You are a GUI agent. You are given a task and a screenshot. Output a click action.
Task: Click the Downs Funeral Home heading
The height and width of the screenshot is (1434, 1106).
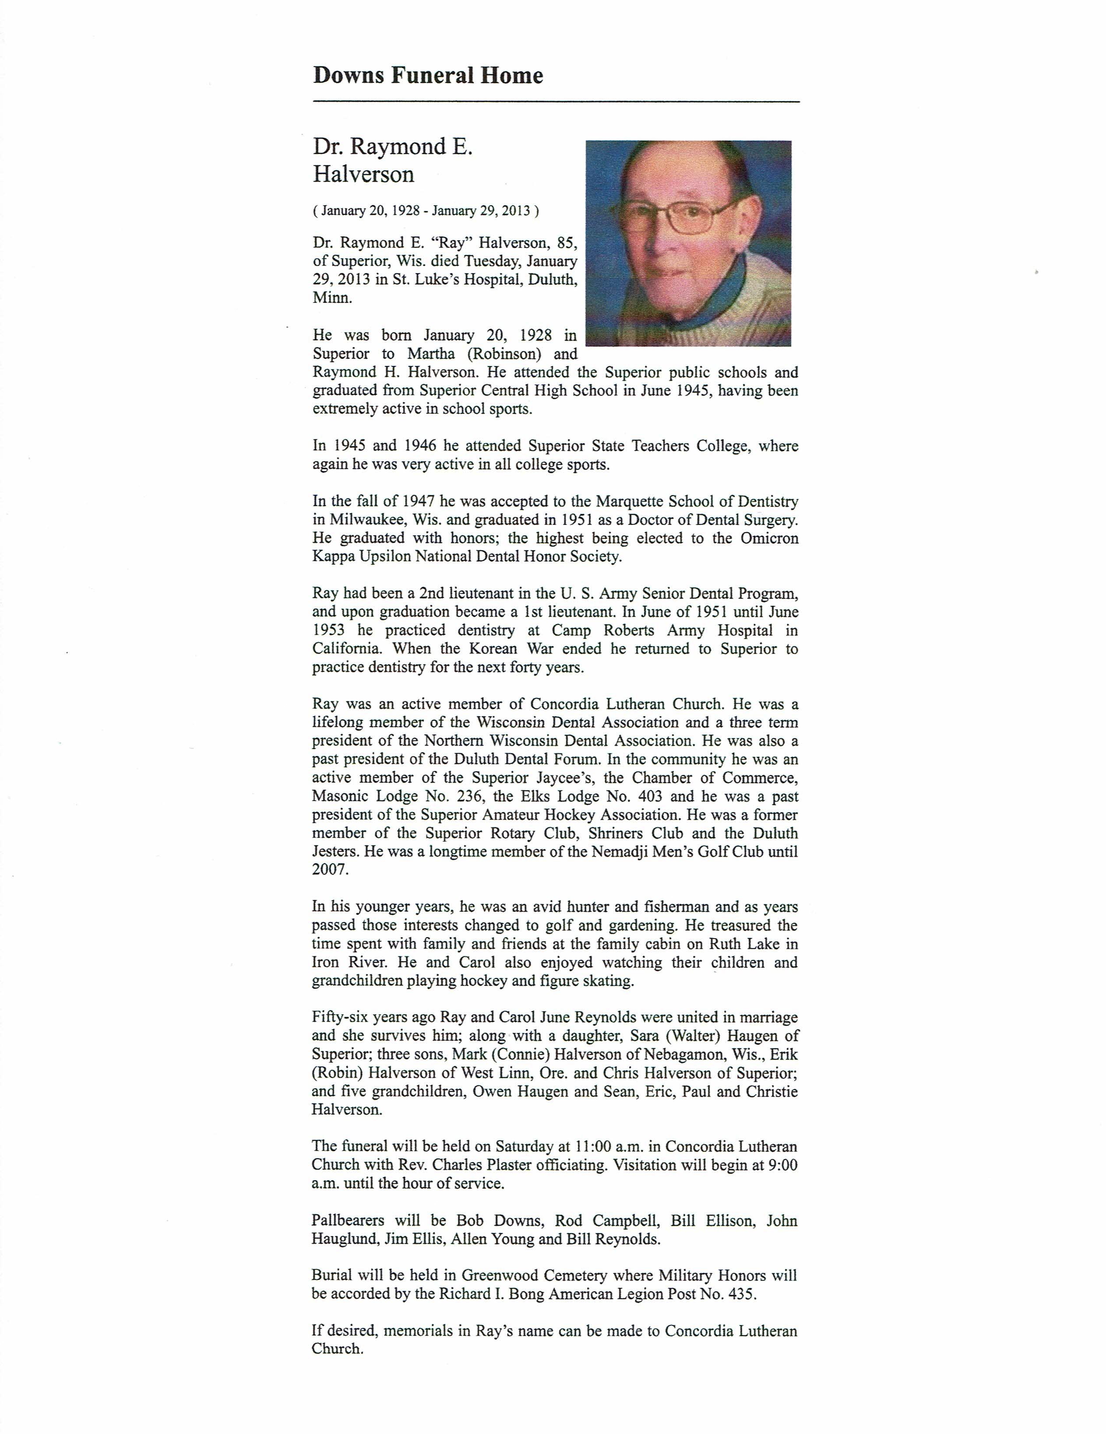point(428,76)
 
